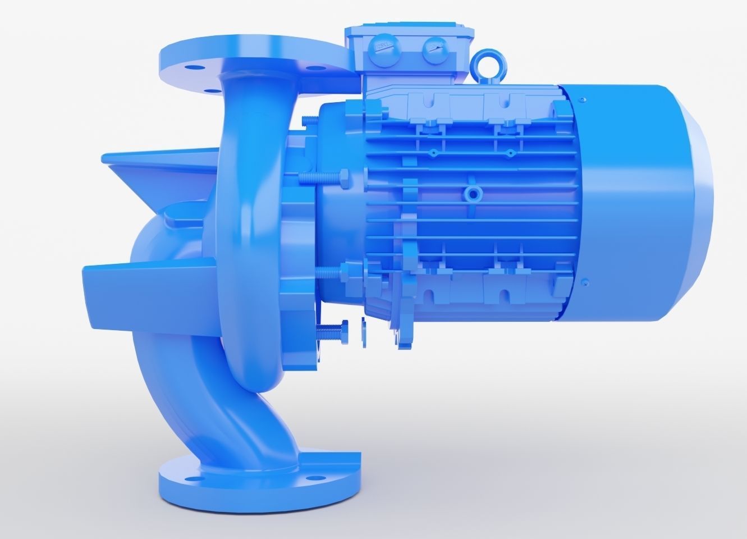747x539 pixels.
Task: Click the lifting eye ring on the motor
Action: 484,62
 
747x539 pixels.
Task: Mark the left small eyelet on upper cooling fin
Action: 433,152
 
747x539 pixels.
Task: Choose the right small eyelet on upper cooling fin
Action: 510,152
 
